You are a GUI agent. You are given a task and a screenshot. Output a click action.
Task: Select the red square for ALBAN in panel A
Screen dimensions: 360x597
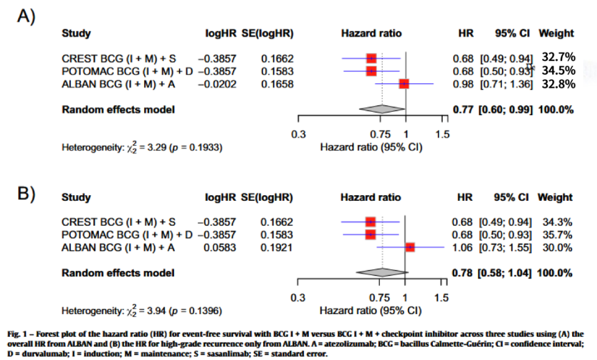tap(404, 84)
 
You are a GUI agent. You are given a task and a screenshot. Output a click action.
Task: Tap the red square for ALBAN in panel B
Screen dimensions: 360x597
tap(410, 247)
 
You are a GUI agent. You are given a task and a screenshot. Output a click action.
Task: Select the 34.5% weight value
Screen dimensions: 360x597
tap(557, 70)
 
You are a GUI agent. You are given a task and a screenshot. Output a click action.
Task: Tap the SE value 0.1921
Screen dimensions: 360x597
tap(274, 247)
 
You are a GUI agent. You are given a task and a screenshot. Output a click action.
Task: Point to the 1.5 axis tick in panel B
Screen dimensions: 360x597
tap(442, 298)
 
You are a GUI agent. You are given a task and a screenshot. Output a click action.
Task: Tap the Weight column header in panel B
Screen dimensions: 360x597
tap(555, 198)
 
